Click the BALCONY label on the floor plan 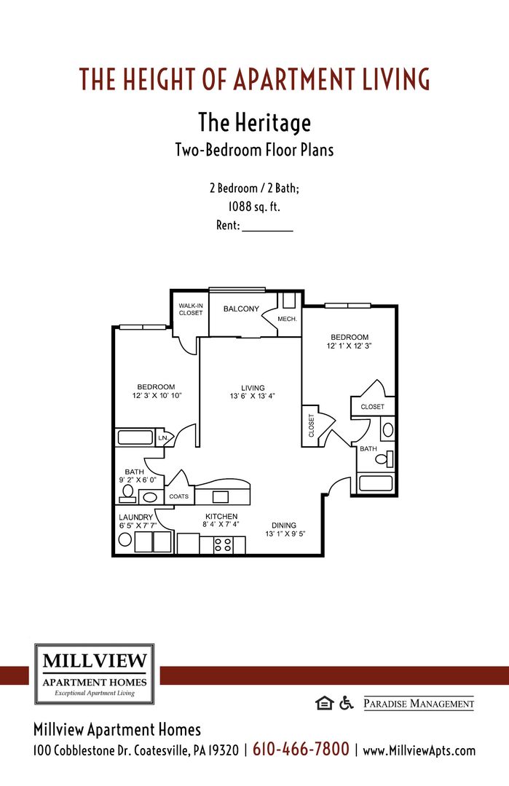point(241,309)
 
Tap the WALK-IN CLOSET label point(191,309)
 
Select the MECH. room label point(286,319)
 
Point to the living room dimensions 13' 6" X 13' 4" point(253,397)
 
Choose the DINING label point(284,525)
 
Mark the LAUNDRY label point(136,517)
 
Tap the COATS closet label point(179,497)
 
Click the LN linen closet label point(163,438)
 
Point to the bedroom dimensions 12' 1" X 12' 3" point(350,346)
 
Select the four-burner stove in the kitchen point(223,544)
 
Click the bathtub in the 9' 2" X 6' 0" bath point(134,438)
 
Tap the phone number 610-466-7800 point(301,750)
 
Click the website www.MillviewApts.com point(419,750)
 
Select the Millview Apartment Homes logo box point(95,674)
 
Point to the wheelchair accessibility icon point(346,703)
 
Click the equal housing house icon point(323,703)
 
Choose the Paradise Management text point(418,704)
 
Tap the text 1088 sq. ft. point(254,207)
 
